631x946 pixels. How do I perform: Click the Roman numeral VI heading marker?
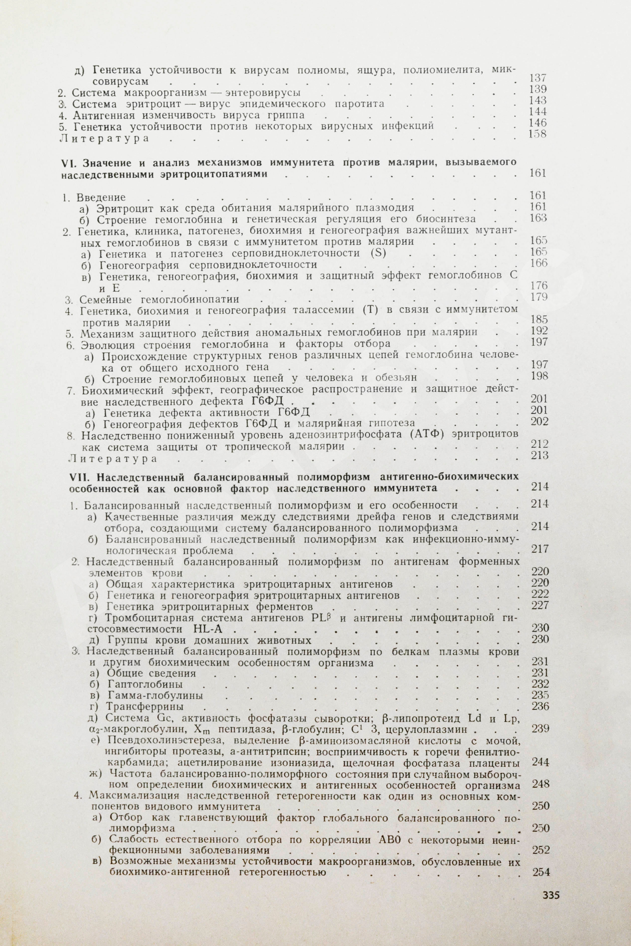[66, 163]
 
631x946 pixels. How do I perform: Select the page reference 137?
[538, 78]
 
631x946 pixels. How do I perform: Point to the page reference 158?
[538, 134]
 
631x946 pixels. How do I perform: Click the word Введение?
[101, 197]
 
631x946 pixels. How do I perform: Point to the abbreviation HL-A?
[205, 629]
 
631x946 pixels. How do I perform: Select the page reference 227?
[540, 606]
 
